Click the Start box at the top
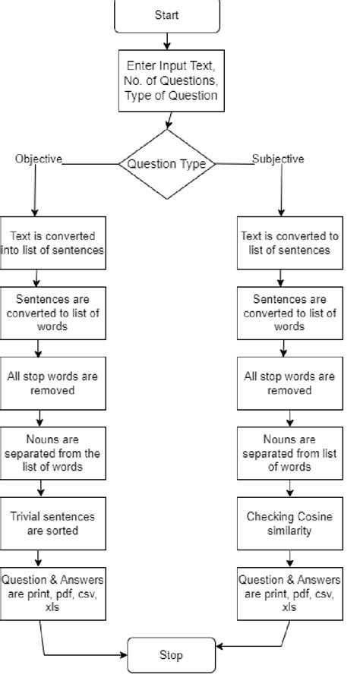166,16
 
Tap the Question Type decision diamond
167,164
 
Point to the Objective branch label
38,159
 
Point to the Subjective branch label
279,159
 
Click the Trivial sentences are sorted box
53,524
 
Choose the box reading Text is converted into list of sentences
53,243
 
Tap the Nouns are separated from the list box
53,453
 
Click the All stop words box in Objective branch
53,383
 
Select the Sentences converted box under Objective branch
53,313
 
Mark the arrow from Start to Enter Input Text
167,41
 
